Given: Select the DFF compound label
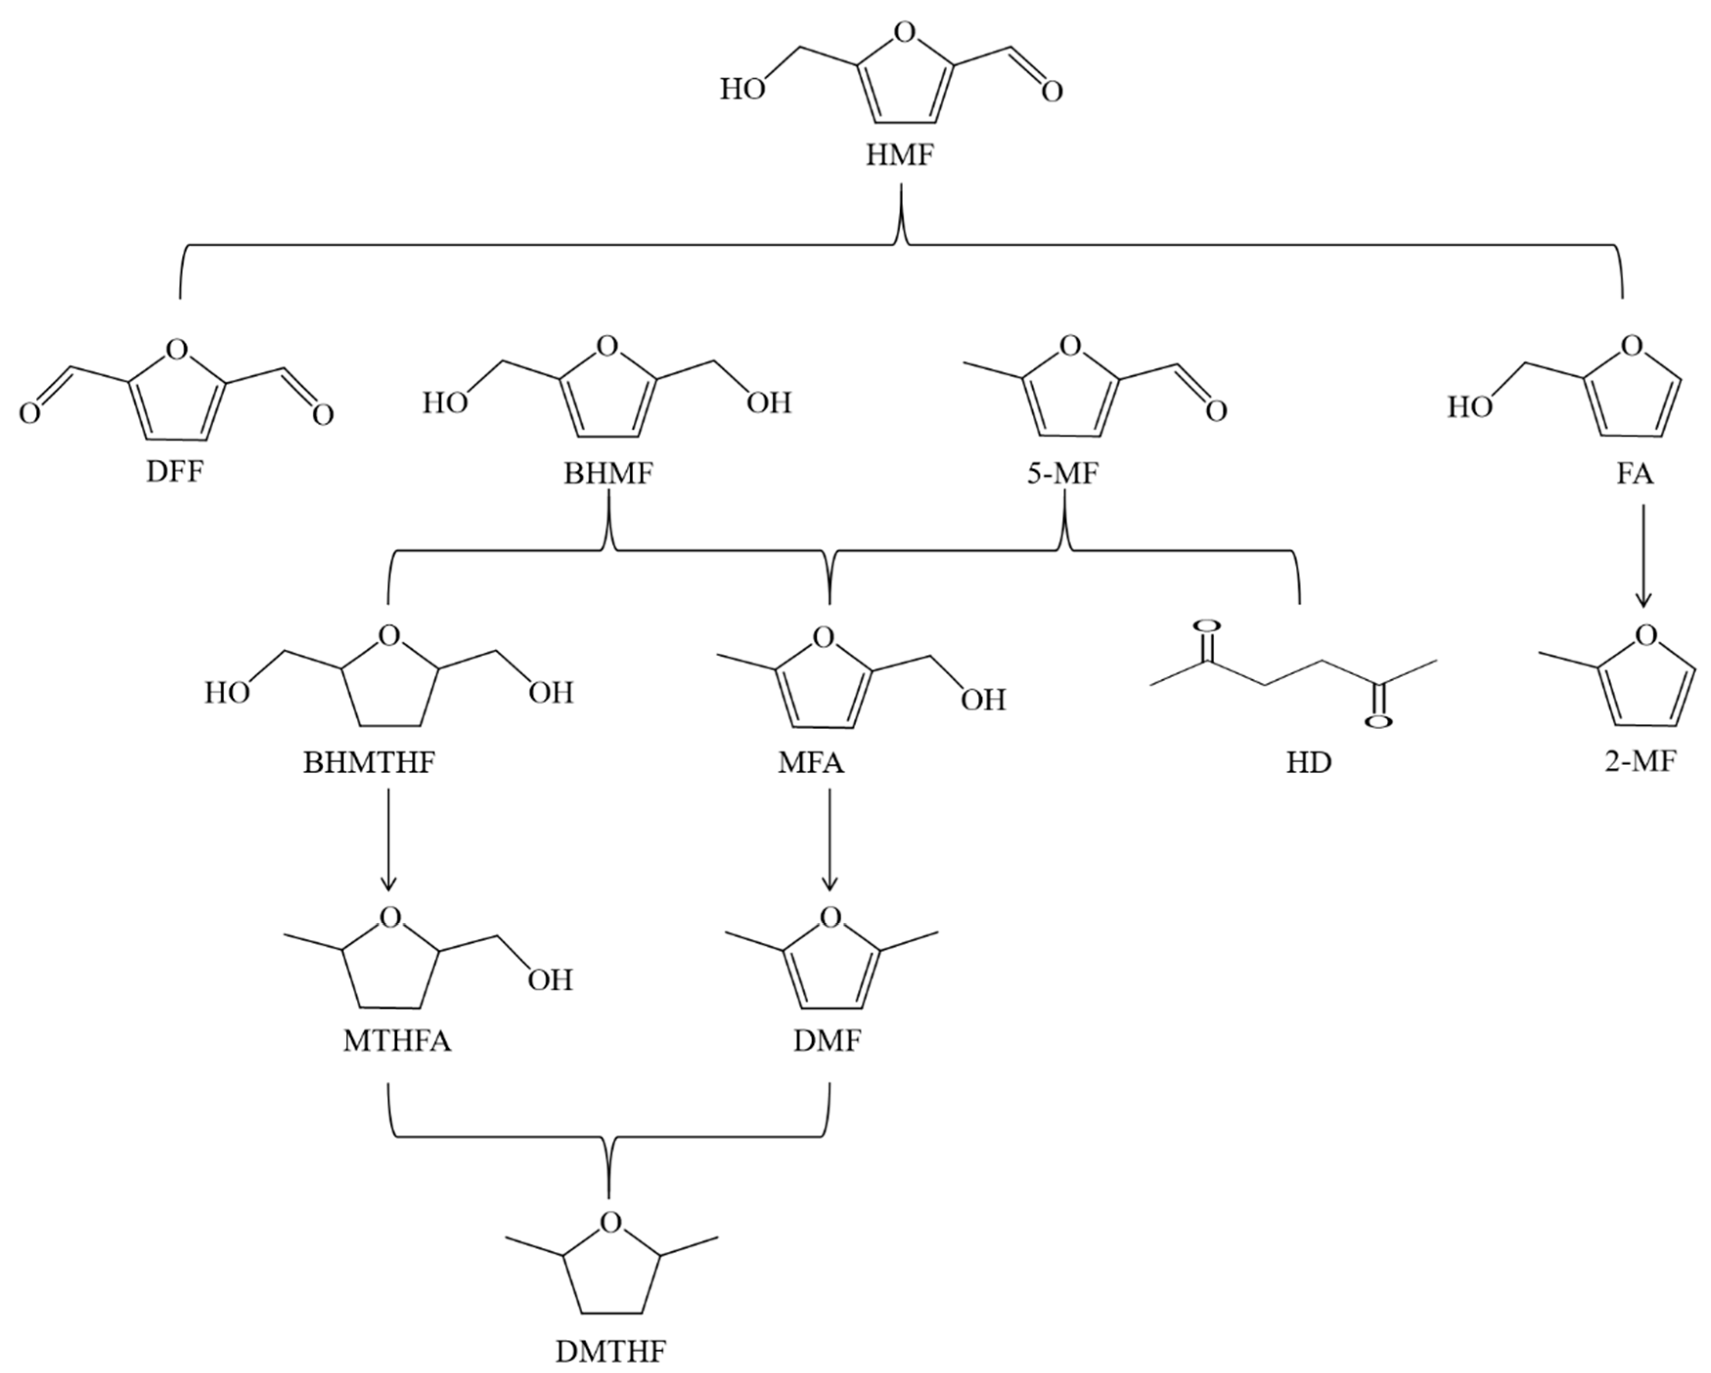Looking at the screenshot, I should (x=175, y=472).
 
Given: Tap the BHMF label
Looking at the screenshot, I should (x=609, y=474).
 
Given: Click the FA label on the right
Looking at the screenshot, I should (x=1635, y=474).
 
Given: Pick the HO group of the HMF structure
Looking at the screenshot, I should (x=742, y=89).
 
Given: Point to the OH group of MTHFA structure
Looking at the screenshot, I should (x=551, y=980).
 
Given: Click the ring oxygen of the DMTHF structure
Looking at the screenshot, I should (x=610, y=1223).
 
